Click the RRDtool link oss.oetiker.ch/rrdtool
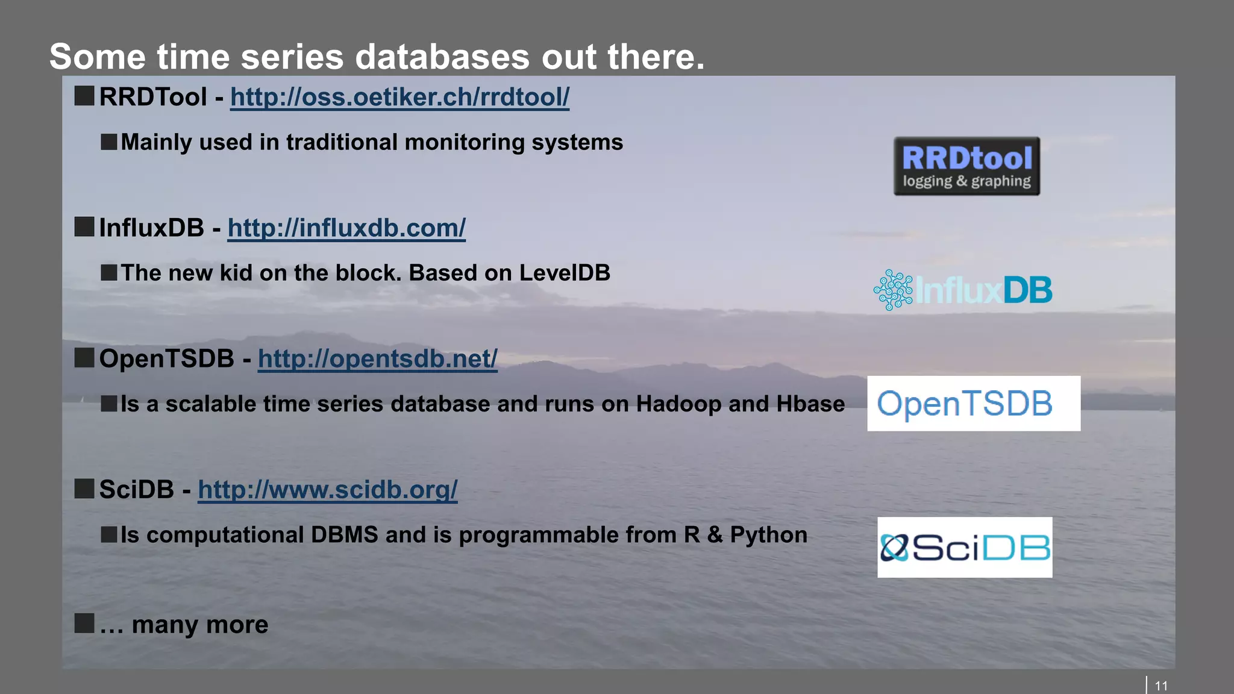(x=399, y=98)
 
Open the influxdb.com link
(x=346, y=228)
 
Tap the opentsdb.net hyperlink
(x=377, y=359)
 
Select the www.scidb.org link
(x=327, y=490)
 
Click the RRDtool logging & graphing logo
(x=966, y=166)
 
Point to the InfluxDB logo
(x=963, y=290)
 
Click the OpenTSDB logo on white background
(x=973, y=404)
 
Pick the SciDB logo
(x=965, y=547)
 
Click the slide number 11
(x=1161, y=686)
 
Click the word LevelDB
(x=565, y=273)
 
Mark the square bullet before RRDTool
(x=84, y=96)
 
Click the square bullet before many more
(x=84, y=624)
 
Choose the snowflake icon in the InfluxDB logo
(x=893, y=290)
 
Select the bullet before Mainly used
(x=109, y=142)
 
